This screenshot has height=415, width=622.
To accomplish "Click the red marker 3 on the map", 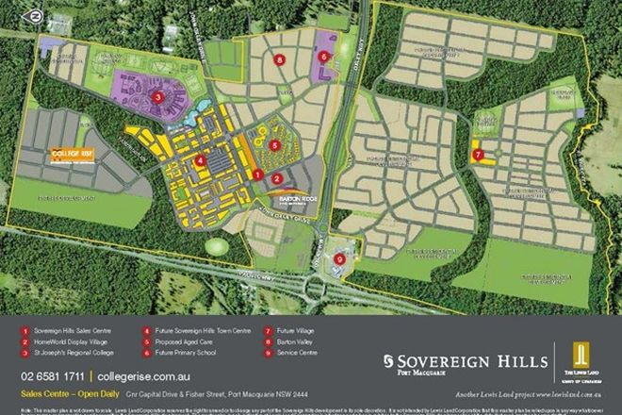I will click(159, 96).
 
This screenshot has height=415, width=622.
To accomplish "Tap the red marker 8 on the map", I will click(280, 58).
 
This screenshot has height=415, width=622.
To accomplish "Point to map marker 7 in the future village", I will click(478, 154).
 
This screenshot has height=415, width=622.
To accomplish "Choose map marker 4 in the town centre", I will click(201, 161).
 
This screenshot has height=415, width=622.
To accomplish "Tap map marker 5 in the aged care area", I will click(274, 145).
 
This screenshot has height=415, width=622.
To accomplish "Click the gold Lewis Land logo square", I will click(581, 357).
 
